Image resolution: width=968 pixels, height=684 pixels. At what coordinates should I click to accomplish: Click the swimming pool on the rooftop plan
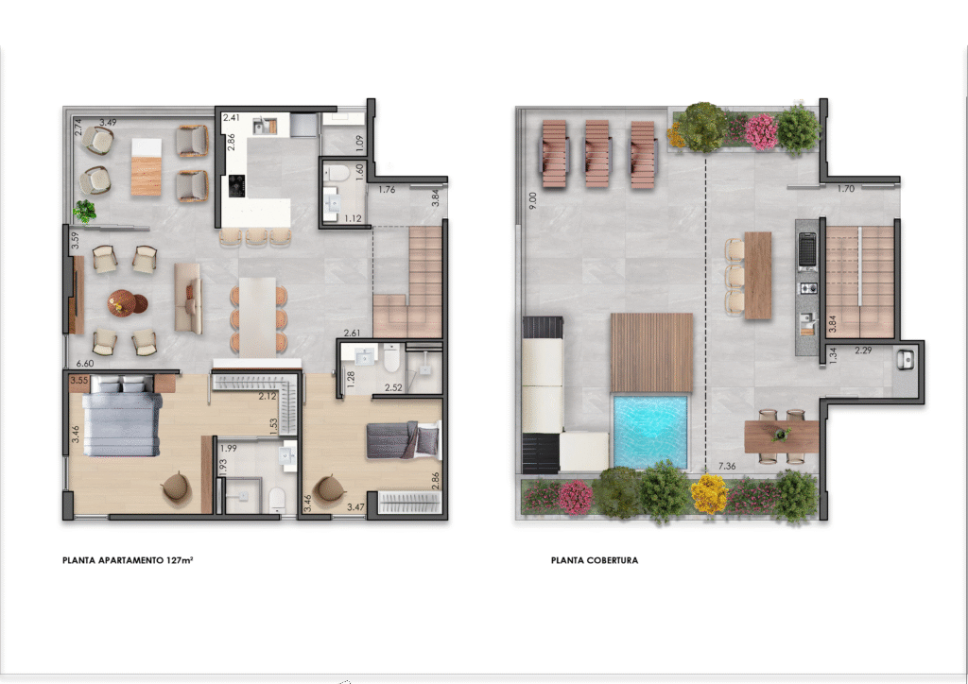[650, 432]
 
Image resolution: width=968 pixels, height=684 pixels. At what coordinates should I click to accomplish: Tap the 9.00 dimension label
[533, 200]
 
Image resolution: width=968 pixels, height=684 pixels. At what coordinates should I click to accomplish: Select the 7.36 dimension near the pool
[727, 467]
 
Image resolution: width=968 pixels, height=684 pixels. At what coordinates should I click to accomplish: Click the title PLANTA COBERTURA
[595, 560]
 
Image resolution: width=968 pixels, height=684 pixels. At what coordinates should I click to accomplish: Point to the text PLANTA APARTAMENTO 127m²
[128, 560]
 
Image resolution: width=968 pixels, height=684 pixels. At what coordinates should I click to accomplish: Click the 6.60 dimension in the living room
[84, 364]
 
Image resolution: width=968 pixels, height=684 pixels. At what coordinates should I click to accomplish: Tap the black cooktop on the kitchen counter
[236, 186]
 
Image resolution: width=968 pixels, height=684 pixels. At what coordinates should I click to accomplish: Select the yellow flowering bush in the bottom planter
[709, 494]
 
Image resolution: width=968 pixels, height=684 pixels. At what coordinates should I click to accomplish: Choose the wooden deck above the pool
[652, 352]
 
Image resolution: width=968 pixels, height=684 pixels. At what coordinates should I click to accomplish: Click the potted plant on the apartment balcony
[84, 211]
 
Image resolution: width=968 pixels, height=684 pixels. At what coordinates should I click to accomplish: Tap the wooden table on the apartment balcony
[147, 167]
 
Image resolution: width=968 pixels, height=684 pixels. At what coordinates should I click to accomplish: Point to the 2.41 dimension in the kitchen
[232, 117]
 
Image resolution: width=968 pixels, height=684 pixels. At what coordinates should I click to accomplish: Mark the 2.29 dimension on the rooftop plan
[863, 351]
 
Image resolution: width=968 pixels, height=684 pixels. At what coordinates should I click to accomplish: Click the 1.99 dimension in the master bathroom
[229, 449]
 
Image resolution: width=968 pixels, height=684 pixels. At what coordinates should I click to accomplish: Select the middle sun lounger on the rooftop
[597, 154]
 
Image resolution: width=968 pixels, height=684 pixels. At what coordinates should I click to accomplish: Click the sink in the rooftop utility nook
[906, 360]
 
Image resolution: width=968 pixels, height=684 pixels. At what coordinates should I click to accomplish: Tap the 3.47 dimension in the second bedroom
[355, 507]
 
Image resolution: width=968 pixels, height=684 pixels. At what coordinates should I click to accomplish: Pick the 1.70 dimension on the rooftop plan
[846, 189]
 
